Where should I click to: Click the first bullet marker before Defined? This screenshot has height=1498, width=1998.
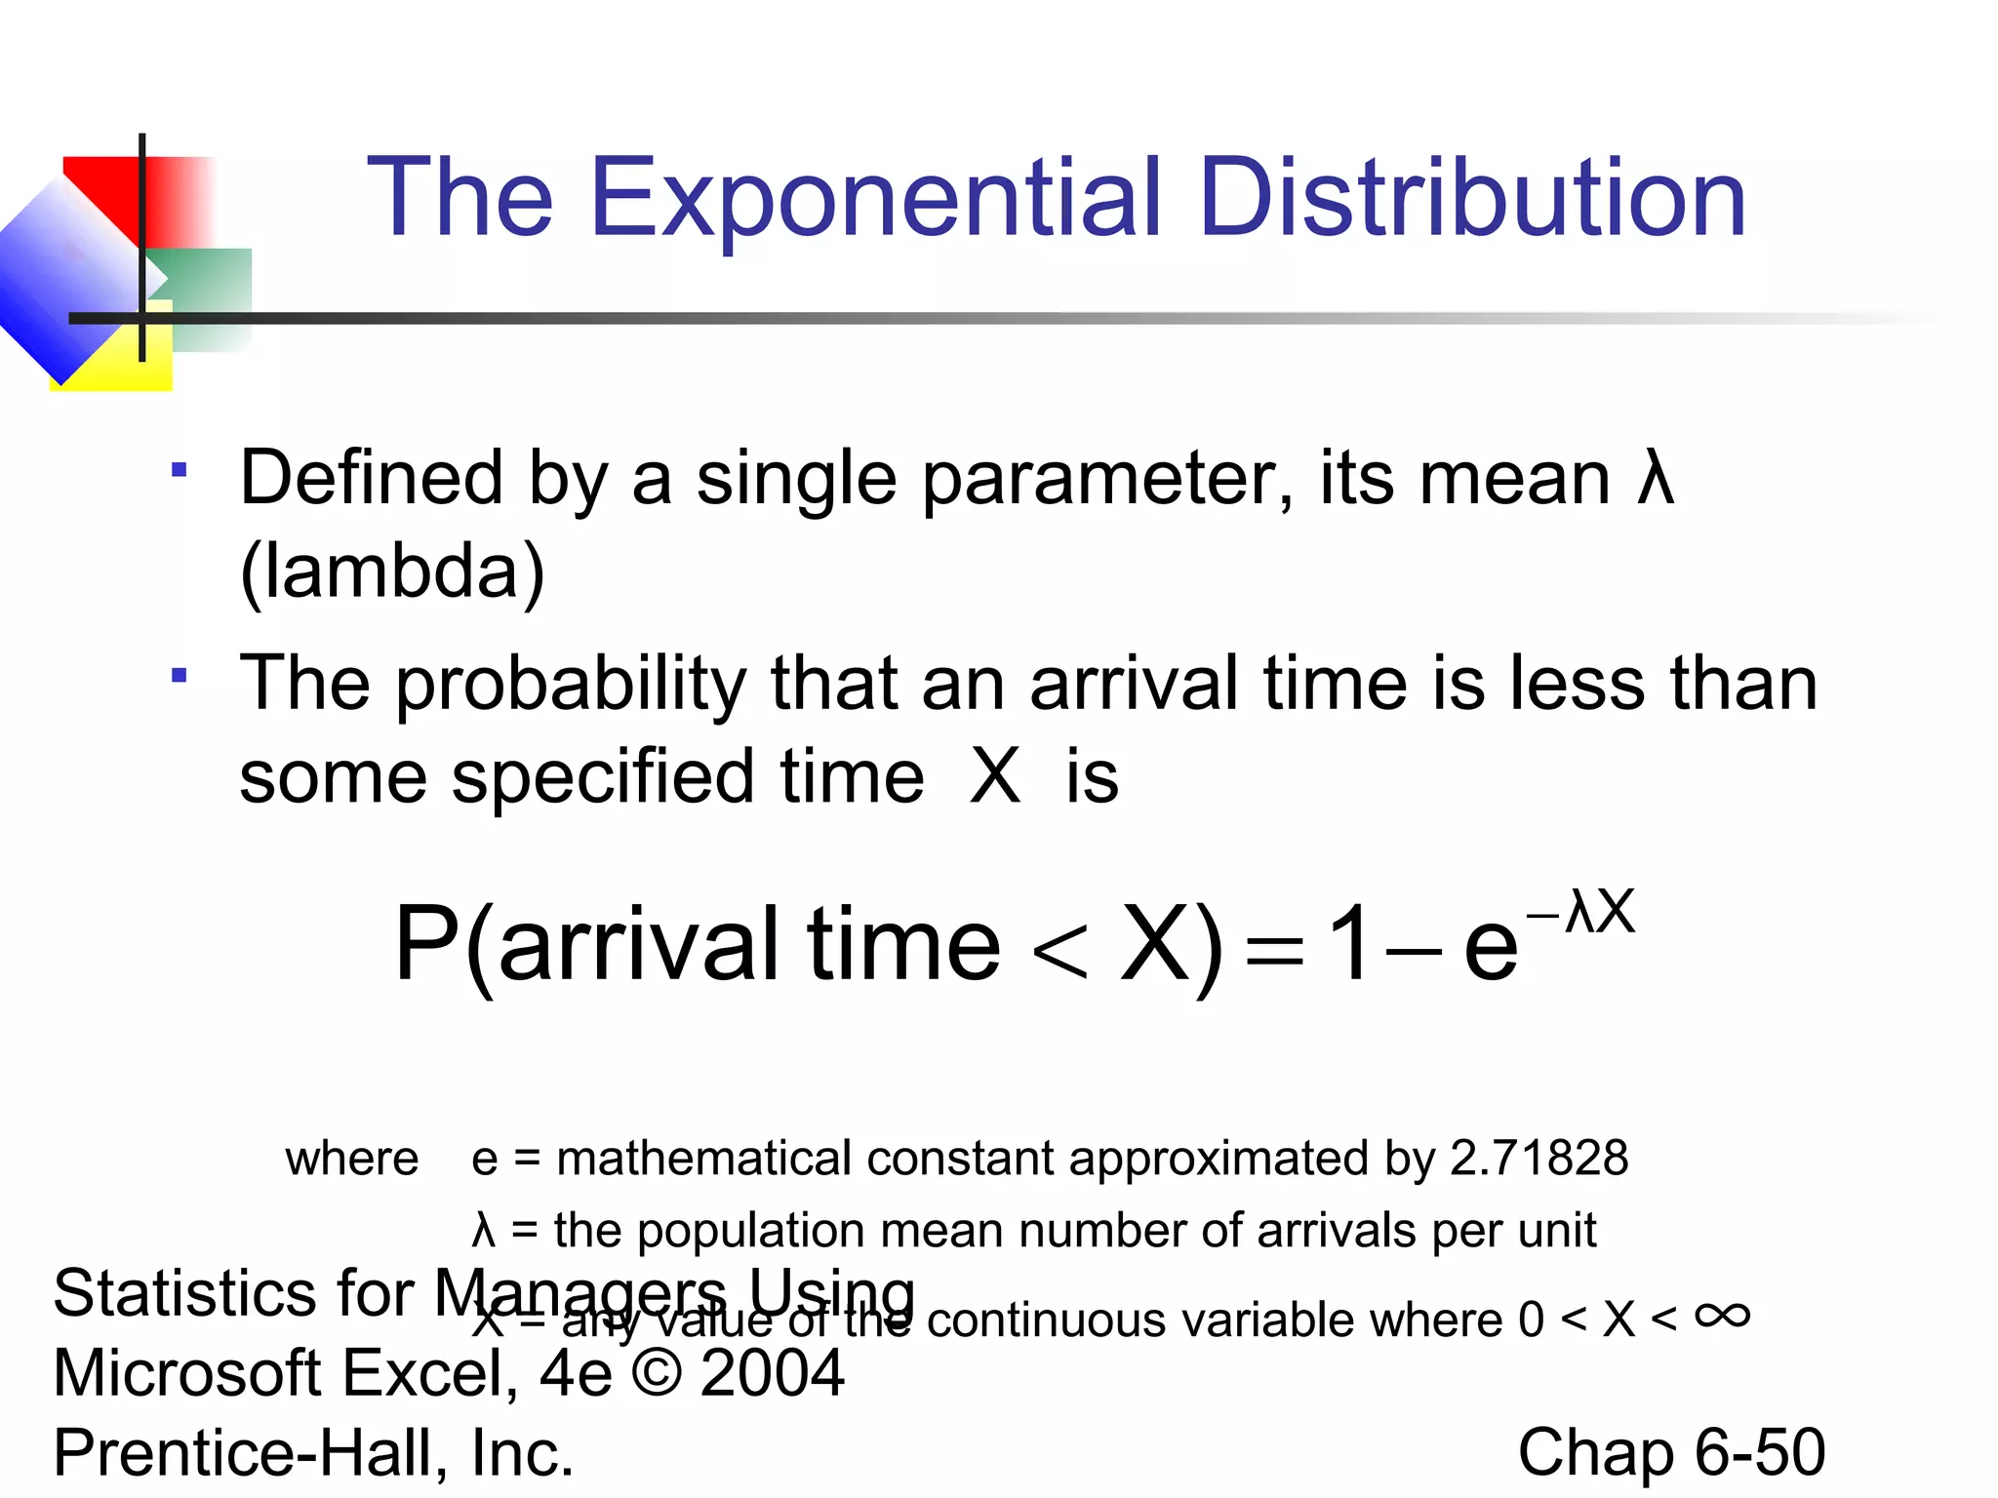[x=179, y=471]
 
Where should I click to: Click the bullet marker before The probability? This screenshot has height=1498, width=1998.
[x=179, y=676]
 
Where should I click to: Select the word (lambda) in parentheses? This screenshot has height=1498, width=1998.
[x=392, y=572]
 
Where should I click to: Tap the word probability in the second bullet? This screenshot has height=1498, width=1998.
[x=571, y=684]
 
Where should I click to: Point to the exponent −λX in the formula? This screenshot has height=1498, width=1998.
[x=1580, y=913]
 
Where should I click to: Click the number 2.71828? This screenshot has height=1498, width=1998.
[x=1538, y=1159]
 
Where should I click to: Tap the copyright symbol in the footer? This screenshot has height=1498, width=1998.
[x=657, y=1373]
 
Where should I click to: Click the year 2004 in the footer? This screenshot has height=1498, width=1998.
[x=772, y=1373]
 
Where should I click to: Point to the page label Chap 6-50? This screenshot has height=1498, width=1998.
[x=1671, y=1452]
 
